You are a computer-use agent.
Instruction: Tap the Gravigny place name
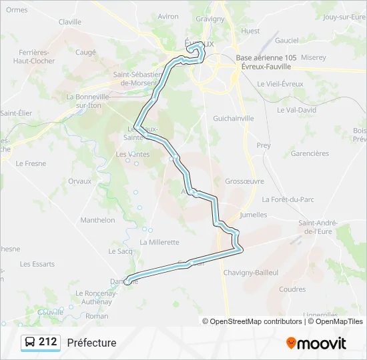point(210,19)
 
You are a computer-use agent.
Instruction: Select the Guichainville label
point(233,118)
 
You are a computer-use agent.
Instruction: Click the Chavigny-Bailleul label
point(268,272)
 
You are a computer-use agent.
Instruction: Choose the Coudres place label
point(292,289)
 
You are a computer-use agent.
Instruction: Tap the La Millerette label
point(159,242)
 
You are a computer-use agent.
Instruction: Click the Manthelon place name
point(97,219)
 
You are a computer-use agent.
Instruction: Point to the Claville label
point(69,22)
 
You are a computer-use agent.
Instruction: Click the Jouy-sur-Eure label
point(344,17)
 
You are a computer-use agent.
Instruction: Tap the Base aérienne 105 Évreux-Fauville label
point(266,62)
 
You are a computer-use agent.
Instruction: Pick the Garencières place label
point(310,153)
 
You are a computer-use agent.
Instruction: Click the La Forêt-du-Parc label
point(288,199)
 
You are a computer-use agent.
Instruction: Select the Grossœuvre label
point(244,181)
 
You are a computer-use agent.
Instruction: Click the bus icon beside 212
point(29,343)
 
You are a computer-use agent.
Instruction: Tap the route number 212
point(48,342)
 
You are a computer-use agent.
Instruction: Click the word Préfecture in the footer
point(91,343)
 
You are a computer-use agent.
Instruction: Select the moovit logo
point(316,343)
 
